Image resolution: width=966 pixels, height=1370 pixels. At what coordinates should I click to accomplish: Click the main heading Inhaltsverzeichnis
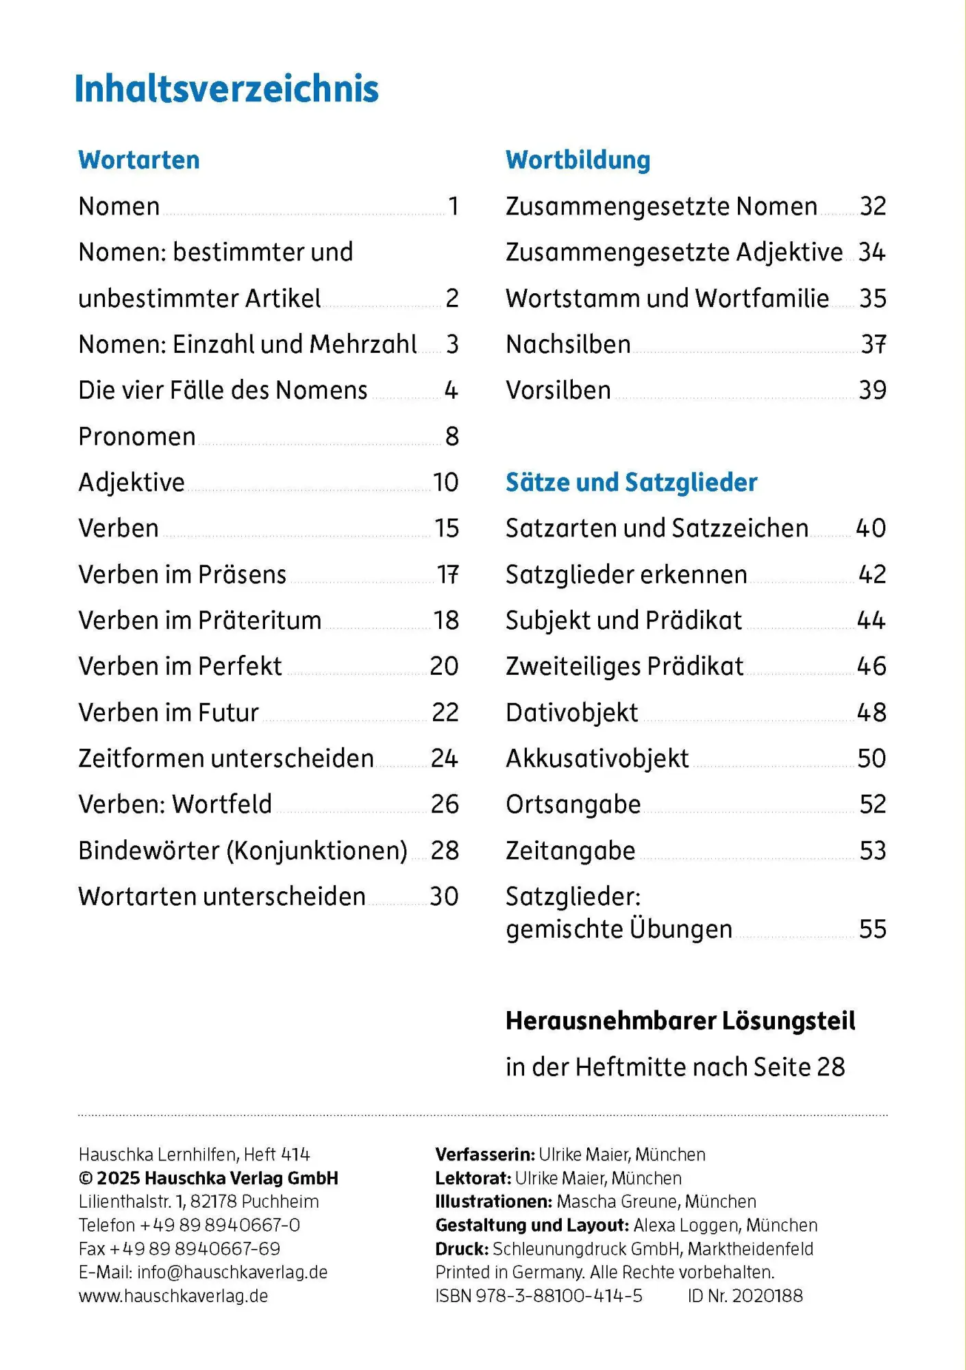pos(226,89)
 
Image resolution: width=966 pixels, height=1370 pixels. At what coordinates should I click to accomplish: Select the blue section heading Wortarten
pos(139,160)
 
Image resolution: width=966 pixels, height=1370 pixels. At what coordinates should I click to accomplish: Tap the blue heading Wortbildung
pos(578,160)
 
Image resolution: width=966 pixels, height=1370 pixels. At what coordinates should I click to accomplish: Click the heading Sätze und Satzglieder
pos(631,482)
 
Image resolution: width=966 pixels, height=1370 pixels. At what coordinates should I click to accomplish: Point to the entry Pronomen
pos(137,436)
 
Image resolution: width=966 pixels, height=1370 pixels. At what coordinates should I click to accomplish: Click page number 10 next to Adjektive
pos(445,482)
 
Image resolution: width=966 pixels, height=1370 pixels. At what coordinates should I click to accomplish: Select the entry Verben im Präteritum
pos(199,620)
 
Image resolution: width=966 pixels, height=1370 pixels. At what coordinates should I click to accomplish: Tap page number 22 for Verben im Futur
pos(445,712)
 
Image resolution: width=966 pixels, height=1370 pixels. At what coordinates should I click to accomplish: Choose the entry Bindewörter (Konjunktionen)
pos(243,850)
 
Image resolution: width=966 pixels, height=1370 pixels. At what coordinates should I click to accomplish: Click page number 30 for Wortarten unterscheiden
pos(444,896)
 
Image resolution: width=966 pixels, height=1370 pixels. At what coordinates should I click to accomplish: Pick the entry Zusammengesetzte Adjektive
pos(674,252)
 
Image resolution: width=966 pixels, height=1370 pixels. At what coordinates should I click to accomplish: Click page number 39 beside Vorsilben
pos(872,390)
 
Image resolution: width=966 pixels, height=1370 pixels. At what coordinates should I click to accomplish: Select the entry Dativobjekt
pos(571,712)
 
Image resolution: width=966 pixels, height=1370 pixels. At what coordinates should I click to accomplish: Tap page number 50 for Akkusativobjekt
pos(871,758)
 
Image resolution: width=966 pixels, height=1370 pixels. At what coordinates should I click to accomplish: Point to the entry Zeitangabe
pos(570,850)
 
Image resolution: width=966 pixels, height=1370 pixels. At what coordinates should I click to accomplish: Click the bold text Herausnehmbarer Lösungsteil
pos(680,1021)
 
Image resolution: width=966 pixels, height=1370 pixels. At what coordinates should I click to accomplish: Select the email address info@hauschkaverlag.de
pos(232,1272)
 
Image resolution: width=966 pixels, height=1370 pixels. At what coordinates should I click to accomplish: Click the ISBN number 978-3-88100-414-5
pos(558,1295)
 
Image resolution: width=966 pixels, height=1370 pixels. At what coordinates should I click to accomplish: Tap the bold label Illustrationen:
pos(493,1201)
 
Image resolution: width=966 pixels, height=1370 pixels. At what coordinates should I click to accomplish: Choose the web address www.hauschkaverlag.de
pos(173,1295)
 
